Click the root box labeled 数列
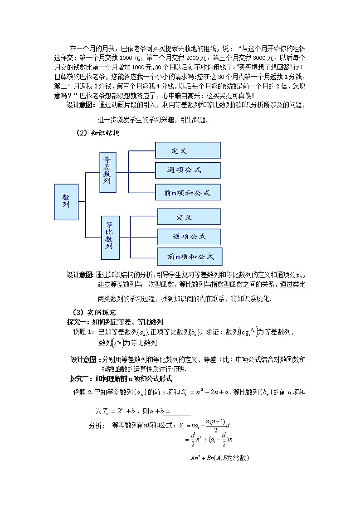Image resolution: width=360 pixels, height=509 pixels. pyautogui.click(x=66, y=201)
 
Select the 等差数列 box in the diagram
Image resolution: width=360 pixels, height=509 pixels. pyautogui.click(x=107, y=172)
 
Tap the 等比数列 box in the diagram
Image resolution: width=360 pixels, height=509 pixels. pyautogui.click(x=110, y=237)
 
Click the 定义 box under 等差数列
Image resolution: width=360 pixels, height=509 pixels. pyautogui.click(x=188, y=150)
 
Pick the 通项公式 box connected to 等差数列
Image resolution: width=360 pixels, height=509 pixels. pyautogui.click(x=188, y=170)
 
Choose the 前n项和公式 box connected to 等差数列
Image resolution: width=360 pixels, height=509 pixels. pyautogui.click(x=188, y=193)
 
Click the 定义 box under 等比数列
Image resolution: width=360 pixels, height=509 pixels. pyautogui.click(x=189, y=217)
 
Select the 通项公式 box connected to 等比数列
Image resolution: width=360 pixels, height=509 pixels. pyautogui.click(x=189, y=237)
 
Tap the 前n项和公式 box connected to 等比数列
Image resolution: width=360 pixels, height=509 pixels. pyautogui.click(x=190, y=257)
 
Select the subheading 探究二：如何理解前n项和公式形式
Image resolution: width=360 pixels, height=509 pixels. pyautogui.click(x=121, y=379)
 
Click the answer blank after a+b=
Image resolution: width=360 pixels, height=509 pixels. pyautogui.click(x=180, y=412)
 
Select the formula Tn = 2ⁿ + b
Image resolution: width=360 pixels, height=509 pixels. pyautogui.click(x=119, y=412)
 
